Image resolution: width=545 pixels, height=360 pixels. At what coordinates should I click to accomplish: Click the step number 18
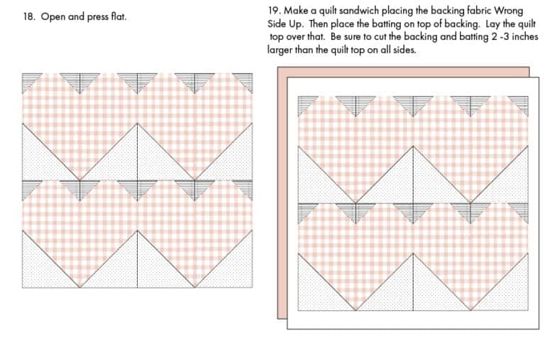click(28, 16)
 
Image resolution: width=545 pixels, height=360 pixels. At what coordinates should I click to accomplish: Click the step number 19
click(274, 13)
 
